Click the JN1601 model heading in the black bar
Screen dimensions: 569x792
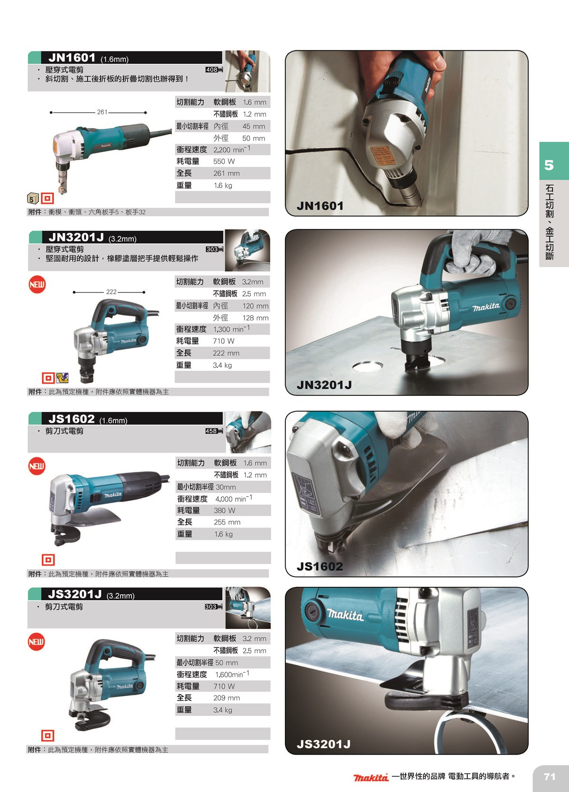click(72, 57)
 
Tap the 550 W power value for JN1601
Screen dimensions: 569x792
click(224, 161)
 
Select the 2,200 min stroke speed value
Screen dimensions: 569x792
click(232, 149)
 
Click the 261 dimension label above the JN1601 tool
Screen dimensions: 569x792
click(102, 112)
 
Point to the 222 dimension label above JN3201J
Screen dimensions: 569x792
click(111, 291)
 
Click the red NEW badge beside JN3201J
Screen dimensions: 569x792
click(37, 284)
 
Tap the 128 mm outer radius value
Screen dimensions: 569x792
click(255, 318)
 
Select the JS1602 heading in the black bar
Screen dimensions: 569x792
click(72, 419)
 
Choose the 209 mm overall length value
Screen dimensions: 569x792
click(227, 698)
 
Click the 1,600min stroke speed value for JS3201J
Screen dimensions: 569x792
click(232, 674)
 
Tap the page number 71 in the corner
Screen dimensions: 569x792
click(549, 776)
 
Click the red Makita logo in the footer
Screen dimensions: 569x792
click(371, 777)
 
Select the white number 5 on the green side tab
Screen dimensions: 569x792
click(549, 165)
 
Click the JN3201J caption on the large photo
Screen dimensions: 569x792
click(324, 385)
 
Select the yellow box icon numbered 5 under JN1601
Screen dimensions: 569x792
click(33, 198)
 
